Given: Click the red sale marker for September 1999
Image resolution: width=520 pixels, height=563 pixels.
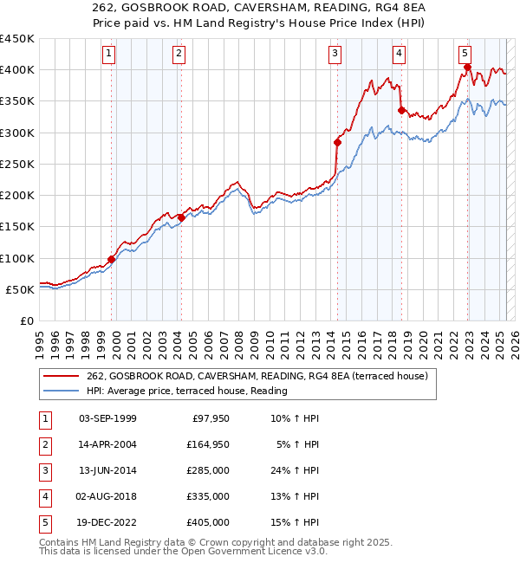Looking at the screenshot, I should tap(112, 259).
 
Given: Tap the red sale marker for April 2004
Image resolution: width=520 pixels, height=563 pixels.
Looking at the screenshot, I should tap(182, 217).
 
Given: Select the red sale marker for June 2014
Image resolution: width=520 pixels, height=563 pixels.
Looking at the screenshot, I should tap(338, 142).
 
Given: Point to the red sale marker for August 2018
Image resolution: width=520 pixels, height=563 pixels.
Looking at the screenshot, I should tap(401, 110).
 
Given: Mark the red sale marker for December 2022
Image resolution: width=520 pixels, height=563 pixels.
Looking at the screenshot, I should tap(468, 67).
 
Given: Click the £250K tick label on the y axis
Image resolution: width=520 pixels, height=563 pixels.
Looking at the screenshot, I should tap(17, 164).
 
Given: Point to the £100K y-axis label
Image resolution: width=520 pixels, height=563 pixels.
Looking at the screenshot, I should tap(17, 258).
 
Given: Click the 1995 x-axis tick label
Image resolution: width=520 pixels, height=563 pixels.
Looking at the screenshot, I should tap(40, 338).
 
